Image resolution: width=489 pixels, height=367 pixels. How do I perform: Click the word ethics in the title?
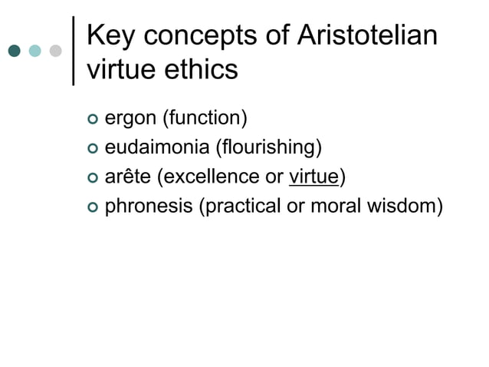(x=203, y=70)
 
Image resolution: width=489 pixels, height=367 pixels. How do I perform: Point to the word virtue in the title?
(x=123, y=70)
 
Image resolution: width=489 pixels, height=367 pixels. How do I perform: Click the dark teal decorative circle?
(x=15, y=51)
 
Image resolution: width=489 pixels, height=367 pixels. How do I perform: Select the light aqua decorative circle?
(x=35, y=51)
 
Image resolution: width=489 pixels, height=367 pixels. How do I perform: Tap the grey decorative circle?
(x=55, y=51)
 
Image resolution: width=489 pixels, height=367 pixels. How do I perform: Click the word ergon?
(x=127, y=120)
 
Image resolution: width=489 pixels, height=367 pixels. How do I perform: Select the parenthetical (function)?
(x=201, y=118)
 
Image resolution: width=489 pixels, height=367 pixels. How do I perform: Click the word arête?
(x=126, y=177)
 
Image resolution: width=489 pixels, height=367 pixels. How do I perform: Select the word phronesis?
(x=148, y=206)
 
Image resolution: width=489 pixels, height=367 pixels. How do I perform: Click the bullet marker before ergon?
(x=93, y=120)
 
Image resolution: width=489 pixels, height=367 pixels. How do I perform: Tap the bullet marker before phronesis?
(x=93, y=207)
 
